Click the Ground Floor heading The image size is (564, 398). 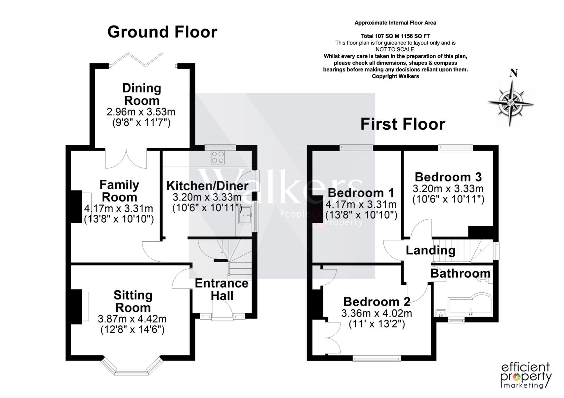click(162, 32)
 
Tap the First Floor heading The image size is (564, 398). click(403, 124)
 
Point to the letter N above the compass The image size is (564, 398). click(514, 73)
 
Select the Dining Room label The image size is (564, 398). click(142, 94)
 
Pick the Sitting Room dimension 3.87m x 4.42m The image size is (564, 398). click(132, 319)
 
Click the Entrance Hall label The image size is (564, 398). click(222, 290)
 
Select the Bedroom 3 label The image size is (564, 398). click(448, 177)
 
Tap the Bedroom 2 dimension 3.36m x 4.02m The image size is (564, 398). click(377, 313)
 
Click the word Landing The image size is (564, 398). click(431, 250)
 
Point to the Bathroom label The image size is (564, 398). click(460, 274)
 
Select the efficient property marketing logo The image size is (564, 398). click(526, 375)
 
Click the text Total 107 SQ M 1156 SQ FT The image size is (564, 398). click(395, 36)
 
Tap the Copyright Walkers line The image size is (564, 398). click(395, 76)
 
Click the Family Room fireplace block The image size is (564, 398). click(76, 207)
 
